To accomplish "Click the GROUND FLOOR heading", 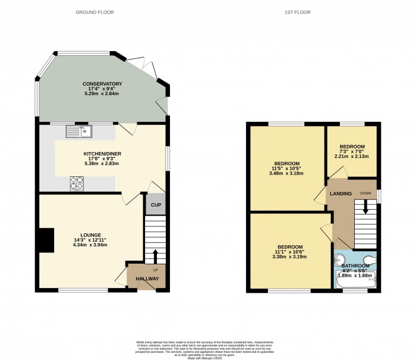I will click(94, 12).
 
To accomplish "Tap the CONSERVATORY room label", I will click(102, 84).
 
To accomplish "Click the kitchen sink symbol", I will click(77, 130).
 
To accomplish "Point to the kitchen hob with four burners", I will click(77, 183).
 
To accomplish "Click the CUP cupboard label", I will click(156, 205).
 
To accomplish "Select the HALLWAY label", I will click(147, 279).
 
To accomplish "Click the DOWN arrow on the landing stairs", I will click(365, 207).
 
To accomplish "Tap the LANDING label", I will click(342, 194).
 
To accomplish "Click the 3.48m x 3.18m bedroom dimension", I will click(286, 173).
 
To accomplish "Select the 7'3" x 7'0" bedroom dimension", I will click(351, 151).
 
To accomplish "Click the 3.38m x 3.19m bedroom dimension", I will click(289, 257).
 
